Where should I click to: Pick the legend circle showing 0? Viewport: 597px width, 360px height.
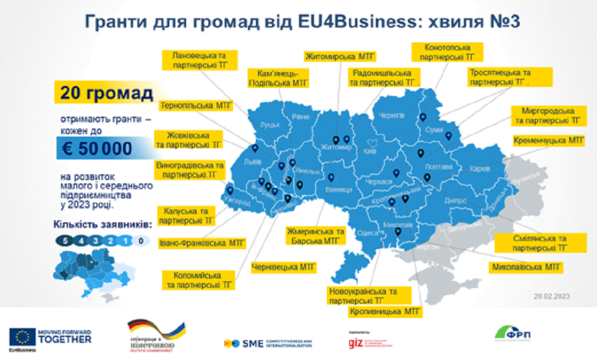140,241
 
